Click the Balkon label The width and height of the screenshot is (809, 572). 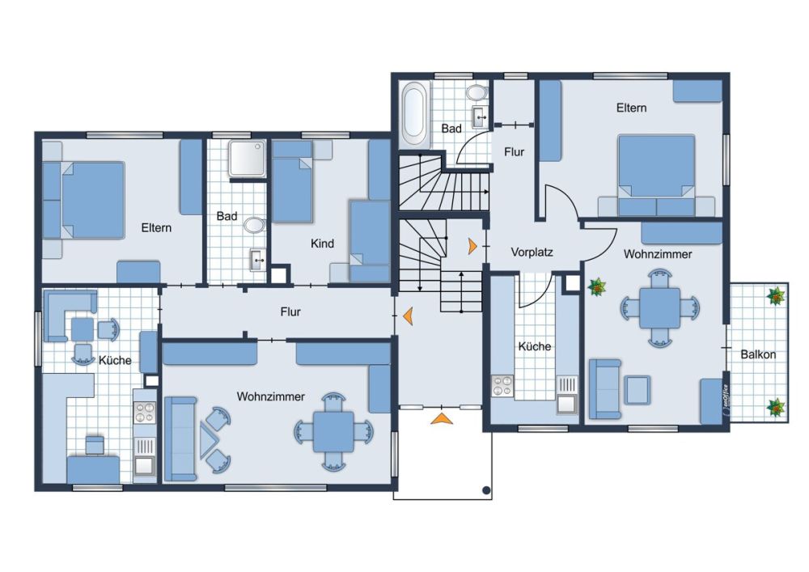(758, 354)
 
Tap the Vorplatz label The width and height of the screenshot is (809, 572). (532, 252)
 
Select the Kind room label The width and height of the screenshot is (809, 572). (322, 244)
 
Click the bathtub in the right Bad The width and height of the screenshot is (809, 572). (414, 114)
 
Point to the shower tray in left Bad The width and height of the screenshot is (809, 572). (248, 158)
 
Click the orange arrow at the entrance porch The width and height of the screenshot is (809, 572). (442, 418)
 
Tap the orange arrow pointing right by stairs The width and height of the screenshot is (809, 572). (472, 246)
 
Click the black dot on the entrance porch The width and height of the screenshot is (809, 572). (486, 490)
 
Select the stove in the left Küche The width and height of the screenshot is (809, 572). (145, 412)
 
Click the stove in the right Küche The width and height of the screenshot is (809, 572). (502, 386)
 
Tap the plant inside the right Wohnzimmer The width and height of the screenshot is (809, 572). (597, 287)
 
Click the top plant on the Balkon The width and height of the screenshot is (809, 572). (776, 297)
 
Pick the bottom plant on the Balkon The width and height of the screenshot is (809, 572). (776, 408)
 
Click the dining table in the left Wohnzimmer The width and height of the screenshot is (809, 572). (333, 431)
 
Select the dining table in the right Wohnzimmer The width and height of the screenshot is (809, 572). (660, 308)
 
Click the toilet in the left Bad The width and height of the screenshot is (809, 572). (254, 226)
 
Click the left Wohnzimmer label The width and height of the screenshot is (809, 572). (271, 396)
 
